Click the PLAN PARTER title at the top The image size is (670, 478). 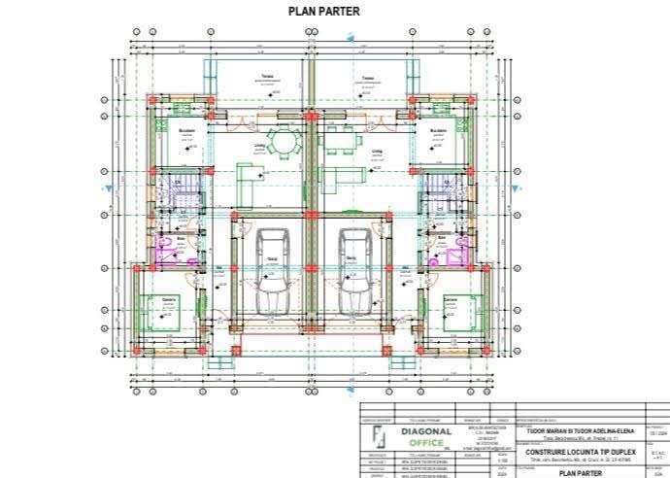tap(324, 12)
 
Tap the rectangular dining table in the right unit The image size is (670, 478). tap(339, 140)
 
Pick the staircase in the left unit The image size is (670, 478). tap(177, 188)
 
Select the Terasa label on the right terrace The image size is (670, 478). tap(368, 79)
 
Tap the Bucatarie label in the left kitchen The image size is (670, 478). tap(187, 128)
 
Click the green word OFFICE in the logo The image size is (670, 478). tap(425, 443)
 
